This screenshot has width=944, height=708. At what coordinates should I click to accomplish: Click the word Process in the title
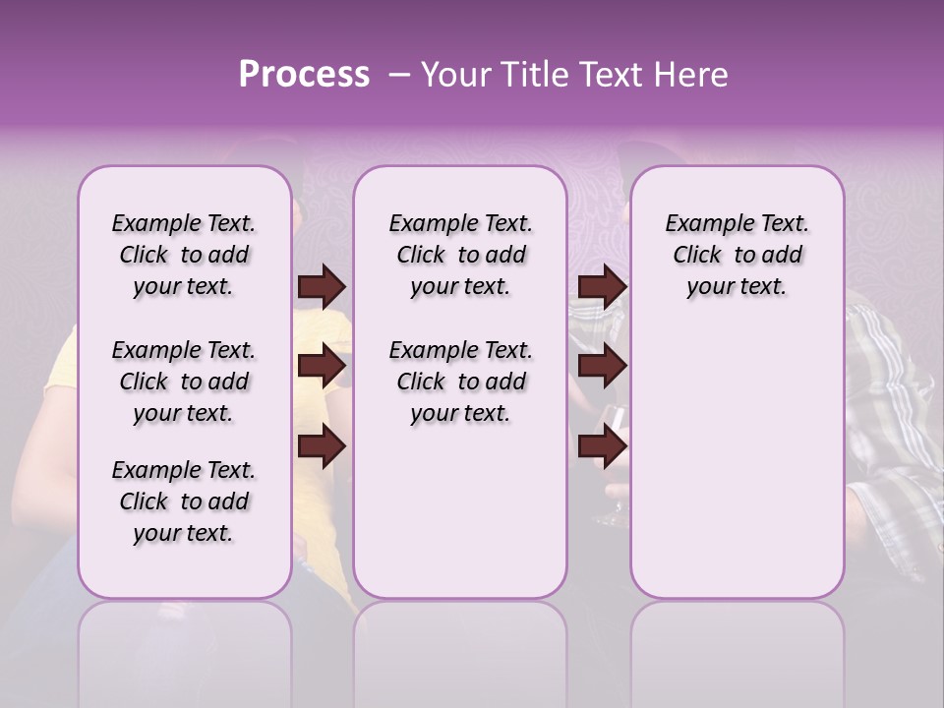pyautogui.click(x=303, y=75)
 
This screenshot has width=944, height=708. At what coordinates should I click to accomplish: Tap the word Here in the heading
pyautogui.click(x=693, y=75)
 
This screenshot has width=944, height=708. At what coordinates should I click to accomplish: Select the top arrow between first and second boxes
pyautogui.click(x=322, y=286)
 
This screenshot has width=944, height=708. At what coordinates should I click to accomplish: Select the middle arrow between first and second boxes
pyautogui.click(x=322, y=366)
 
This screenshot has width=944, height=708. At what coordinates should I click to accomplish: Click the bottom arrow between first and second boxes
pyautogui.click(x=322, y=445)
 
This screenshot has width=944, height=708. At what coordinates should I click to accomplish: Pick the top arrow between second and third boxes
pyautogui.click(x=602, y=286)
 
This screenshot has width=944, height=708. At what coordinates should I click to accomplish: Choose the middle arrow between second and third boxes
pyautogui.click(x=602, y=366)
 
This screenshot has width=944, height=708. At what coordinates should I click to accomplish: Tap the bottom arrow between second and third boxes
pyautogui.click(x=602, y=445)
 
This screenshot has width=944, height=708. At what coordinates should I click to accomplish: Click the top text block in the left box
pyautogui.click(x=184, y=255)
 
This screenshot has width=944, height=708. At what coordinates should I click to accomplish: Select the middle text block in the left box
pyautogui.click(x=184, y=382)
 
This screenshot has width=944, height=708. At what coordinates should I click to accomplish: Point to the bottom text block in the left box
pyautogui.click(x=184, y=501)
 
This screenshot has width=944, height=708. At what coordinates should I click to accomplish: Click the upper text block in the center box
pyautogui.click(x=460, y=255)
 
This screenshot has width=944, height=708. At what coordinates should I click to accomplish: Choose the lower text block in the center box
pyautogui.click(x=460, y=382)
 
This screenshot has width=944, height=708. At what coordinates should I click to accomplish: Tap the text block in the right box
pyautogui.click(x=737, y=255)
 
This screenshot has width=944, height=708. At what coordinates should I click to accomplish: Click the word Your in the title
pyautogui.click(x=456, y=75)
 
